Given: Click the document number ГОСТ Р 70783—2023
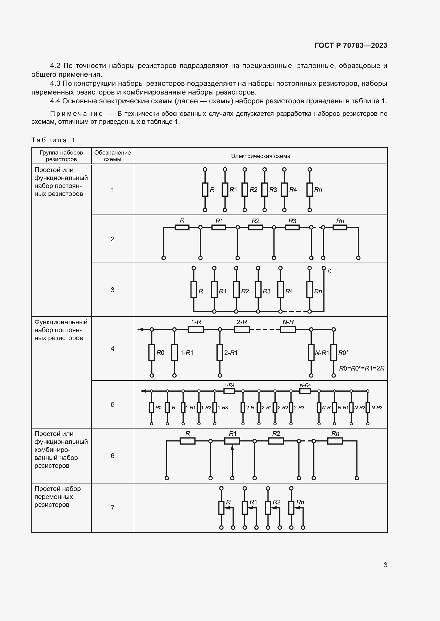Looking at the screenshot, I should click(x=351, y=45).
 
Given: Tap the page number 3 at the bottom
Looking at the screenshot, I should click(x=385, y=565).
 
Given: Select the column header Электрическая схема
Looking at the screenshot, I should click(x=260, y=156).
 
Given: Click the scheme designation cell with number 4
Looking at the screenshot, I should click(x=113, y=348).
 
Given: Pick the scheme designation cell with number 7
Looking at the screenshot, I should click(x=113, y=508).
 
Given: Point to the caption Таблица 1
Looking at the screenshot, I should click(x=53, y=140).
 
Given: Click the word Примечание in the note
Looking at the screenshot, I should click(x=76, y=114).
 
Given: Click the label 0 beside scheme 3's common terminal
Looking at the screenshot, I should click(x=329, y=271).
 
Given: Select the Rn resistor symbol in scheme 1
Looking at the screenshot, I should click(x=310, y=190).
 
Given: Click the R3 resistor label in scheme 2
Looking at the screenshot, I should click(x=292, y=221).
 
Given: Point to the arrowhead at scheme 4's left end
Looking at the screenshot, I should click(x=140, y=329).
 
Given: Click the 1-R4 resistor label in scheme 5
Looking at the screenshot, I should click(x=229, y=385).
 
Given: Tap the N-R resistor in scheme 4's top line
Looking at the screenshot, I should click(x=288, y=329).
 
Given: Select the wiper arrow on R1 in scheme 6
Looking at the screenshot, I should click(x=232, y=447).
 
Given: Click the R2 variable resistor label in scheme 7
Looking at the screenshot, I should click(x=276, y=502).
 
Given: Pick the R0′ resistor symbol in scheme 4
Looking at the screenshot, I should click(x=334, y=352).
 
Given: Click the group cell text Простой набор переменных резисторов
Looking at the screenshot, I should click(x=57, y=496).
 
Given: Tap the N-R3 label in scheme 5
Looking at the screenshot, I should click(x=377, y=408).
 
